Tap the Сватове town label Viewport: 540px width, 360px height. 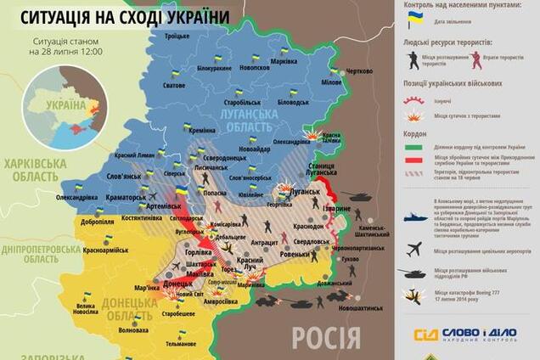click(175, 86)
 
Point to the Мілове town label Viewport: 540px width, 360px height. click(331, 82)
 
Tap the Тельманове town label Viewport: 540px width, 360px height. click(180, 344)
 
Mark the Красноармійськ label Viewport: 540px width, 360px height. click(105, 252)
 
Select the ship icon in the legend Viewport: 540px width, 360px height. click(414, 217)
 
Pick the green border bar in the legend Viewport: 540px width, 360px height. click(414, 145)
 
